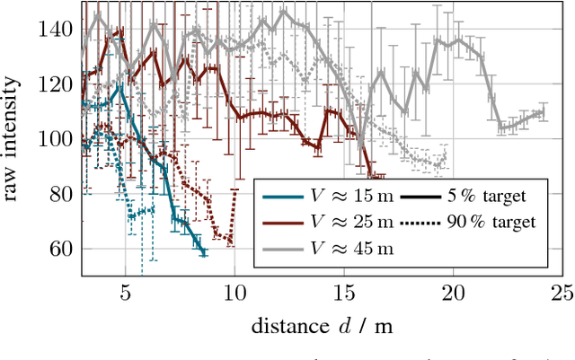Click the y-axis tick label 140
[x=55, y=30]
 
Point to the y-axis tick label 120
[x=55, y=84]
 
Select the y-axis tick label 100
[x=55, y=139]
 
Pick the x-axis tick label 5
[x=125, y=292]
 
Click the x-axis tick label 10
[x=234, y=292]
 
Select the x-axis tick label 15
[x=343, y=292]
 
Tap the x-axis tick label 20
[x=453, y=292]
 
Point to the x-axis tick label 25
[x=562, y=292]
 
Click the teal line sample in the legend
[x=281, y=197]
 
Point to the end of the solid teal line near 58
[x=204, y=254]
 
